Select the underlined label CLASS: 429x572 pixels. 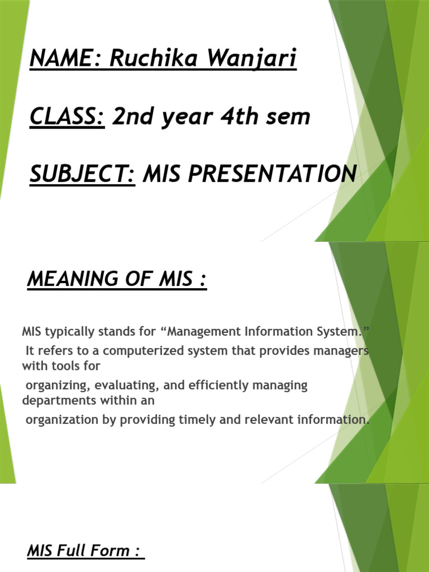(x=67, y=117)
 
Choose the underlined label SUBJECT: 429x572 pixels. (x=82, y=174)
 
